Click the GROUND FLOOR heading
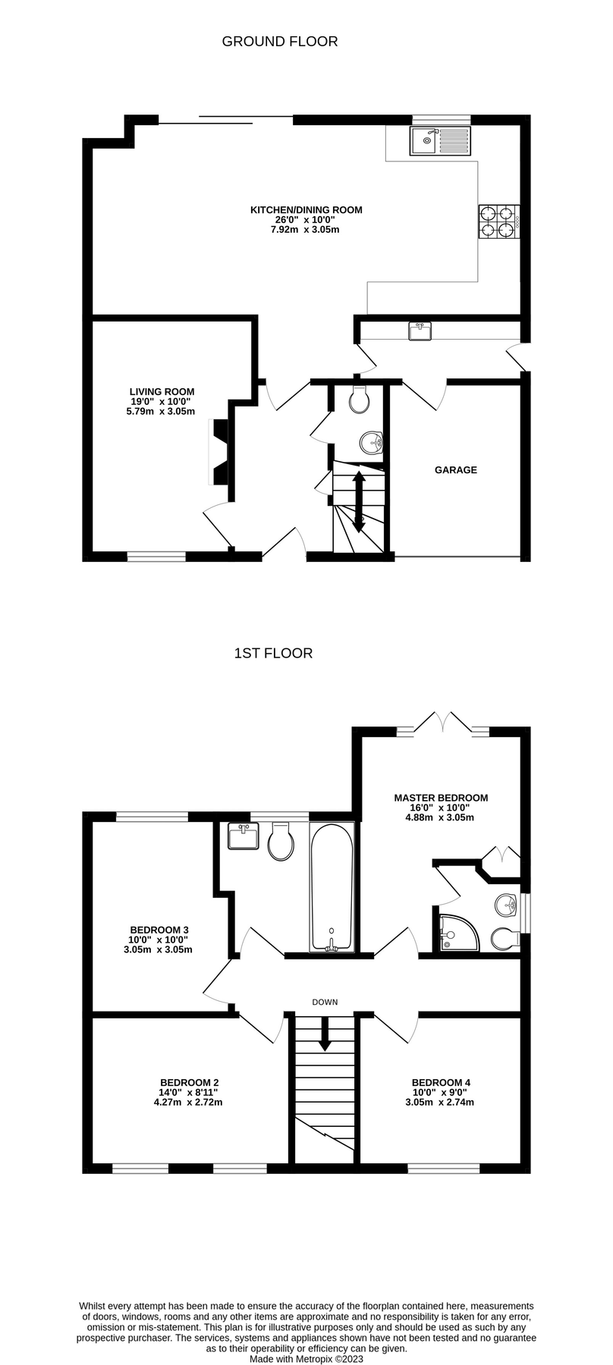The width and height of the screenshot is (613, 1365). tap(280, 42)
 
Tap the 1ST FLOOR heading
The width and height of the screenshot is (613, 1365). tap(273, 653)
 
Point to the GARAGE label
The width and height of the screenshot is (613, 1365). tap(456, 470)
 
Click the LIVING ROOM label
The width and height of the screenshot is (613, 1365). tap(162, 392)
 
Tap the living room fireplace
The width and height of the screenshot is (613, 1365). tap(219, 453)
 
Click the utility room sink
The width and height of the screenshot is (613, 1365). tap(420, 331)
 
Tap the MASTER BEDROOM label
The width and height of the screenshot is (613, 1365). tap(441, 798)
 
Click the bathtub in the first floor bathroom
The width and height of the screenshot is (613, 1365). tap(332, 887)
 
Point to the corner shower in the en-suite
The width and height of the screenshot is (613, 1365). tap(458, 932)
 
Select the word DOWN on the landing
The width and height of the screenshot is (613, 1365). tap(325, 1003)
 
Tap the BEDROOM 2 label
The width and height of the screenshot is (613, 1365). tap(190, 1083)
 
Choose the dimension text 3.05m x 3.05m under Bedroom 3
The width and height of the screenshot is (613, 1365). tap(158, 949)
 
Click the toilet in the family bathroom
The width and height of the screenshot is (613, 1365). tap(281, 843)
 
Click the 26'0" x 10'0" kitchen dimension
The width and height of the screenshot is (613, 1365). tap(306, 220)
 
